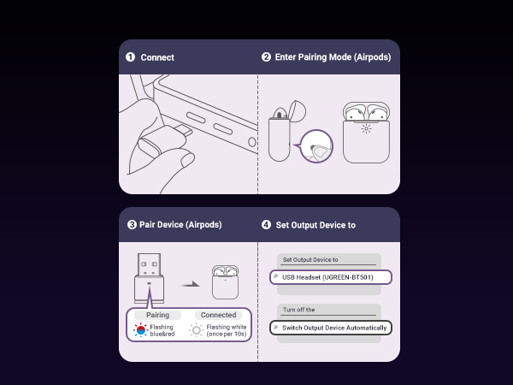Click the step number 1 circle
coord(130,57)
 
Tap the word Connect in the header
coord(157,57)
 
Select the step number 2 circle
coord(266,57)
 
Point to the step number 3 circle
coord(132,225)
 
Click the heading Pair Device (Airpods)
coord(180,225)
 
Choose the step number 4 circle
coord(266,225)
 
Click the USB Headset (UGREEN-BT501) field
coord(330,277)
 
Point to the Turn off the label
coord(298,310)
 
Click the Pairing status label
coord(157,315)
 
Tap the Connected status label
coord(218,315)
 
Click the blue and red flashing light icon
coord(140,329)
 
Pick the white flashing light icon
coord(196,329)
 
